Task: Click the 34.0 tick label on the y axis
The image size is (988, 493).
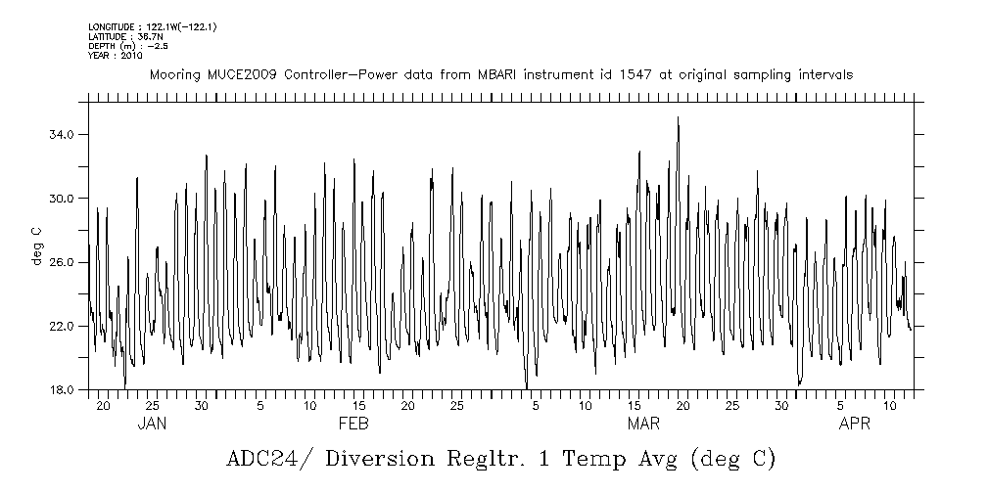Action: coord(62,135)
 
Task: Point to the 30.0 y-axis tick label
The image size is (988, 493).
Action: coord(62,199)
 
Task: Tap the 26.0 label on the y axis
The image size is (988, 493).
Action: coord(62,262)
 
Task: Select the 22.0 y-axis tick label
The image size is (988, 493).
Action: coord(62,326)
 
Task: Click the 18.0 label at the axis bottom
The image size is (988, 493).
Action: coord(62,389)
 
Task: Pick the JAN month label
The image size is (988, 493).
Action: coord(151,424)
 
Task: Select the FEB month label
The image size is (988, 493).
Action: coord(353,424)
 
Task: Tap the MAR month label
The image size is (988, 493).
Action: coord(642,424)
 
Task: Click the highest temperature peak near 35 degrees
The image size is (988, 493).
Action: coord(678,118)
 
